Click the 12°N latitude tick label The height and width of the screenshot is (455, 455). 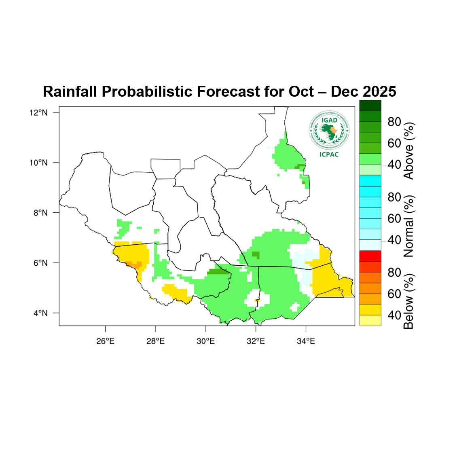[38, 112]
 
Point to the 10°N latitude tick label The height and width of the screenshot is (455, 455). [38, 163]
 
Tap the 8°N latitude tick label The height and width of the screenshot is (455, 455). [40, 213]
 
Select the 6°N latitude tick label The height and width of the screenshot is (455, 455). [40, 263]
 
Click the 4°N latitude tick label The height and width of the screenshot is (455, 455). [40, 313]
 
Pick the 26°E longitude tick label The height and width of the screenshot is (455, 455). [105, 341]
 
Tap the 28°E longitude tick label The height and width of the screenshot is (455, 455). [155, 341]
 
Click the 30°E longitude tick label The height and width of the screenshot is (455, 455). [205, 341]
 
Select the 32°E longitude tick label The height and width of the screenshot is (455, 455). [256, 341]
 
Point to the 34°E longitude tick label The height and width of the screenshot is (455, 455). [306, 341]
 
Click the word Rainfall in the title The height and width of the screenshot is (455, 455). [70, 92]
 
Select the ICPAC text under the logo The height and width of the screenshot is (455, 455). [329, 154]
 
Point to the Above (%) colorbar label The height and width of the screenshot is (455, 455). [409, 151]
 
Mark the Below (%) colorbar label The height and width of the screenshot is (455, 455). [409, 301]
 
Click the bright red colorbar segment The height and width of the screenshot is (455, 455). [370, 256]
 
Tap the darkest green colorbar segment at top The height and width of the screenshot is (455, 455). [370, 106]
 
